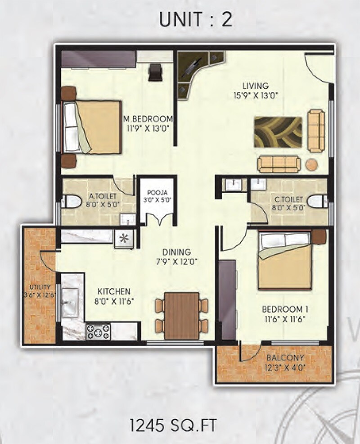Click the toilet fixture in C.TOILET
(318, 201)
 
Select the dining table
(182, 315)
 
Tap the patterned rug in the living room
(278, 132)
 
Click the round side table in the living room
(312, 164)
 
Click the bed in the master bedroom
(93, 127)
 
